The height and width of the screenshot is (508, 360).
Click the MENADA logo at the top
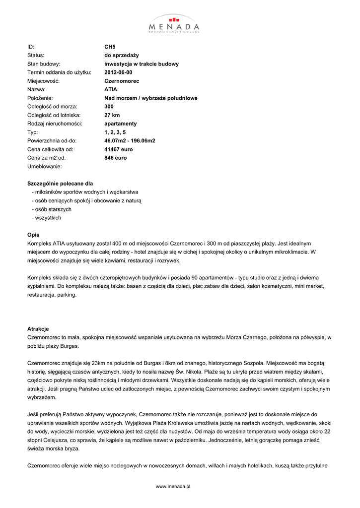click(174, 23)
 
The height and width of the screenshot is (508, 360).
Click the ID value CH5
click(110, 47)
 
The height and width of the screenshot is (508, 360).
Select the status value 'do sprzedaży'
click(122, 55)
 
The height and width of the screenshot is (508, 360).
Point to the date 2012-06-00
click(118, 72)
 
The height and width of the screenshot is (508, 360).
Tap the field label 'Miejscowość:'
click(43, 81)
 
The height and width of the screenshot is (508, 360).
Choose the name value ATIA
click(111, 89)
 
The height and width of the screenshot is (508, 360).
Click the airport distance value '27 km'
click(112, 115)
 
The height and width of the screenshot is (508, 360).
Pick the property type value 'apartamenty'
click(120, 124)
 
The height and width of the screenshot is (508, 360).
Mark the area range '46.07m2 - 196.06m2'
click(130, 141)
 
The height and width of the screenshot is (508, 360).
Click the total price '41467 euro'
click(118, 149)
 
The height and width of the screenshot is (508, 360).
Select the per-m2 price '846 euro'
click(115, 158)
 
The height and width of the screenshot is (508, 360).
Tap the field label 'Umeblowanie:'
click(44, 167)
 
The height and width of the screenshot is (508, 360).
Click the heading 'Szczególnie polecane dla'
click(60, 183)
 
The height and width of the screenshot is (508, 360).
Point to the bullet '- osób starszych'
click(51, 209)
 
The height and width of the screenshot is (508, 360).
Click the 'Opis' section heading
click(33, 235)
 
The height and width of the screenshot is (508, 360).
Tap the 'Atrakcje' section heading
click(38, 328)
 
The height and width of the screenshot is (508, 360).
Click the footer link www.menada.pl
click(173, 487)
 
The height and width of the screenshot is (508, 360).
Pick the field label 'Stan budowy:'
click(44, 64)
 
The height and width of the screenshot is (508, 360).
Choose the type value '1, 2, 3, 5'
click(115, 132)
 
